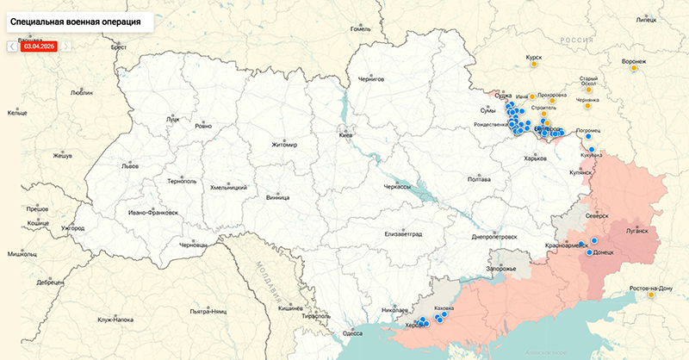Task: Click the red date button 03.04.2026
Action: pos(38,47)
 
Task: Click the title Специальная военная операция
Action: pos(78,17)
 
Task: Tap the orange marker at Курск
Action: pos(534,64)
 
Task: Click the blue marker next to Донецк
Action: pos(589,252)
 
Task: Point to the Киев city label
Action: pos(344,136)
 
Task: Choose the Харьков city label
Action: pos(536,158)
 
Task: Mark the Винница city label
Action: pos(278,196)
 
